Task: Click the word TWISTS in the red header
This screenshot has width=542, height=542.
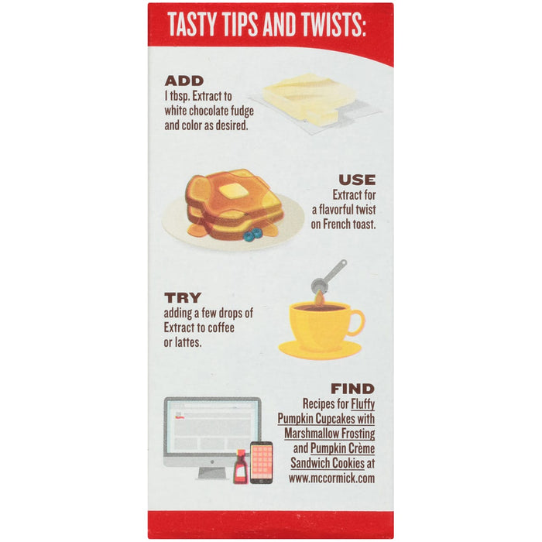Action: [x=333, y=25]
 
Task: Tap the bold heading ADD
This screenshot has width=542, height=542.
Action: [x=184, y=81]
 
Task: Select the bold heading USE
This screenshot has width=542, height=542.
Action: [x=357, y=180]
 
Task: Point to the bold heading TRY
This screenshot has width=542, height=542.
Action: [x=183, y=297]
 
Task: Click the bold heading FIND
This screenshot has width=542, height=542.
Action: [x=352, y=389]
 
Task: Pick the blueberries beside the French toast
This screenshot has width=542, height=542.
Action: [x=252, y=234]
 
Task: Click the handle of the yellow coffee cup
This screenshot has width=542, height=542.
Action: [x=356, y=323]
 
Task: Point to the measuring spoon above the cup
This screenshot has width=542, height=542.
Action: [x=328, y=277]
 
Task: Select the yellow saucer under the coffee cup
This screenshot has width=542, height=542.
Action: [x=320, y=350]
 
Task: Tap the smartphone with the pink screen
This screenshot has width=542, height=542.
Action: [x=262, y=462]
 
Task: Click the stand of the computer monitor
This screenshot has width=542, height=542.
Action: [x=212, y=472]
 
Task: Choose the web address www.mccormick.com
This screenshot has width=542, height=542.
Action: [x=332, y=479]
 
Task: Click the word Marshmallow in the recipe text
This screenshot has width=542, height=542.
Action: [x=313, y=433]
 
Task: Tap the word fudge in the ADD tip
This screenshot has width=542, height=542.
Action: [x=242, y=111]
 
